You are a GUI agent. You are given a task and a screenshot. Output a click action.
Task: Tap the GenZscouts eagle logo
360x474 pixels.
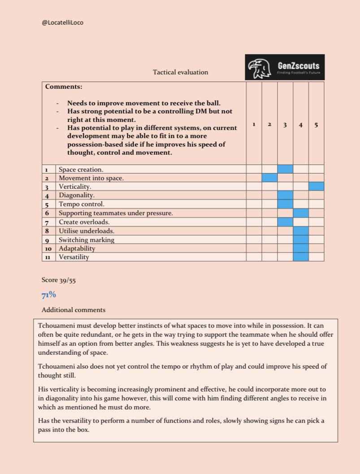tap(260, 67)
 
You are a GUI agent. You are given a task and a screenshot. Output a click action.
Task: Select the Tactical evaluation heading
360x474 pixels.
tap(180, 72)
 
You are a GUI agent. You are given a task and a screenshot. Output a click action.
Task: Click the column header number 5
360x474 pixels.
tap(316, 125)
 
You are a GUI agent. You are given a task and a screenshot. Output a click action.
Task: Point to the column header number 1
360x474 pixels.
tap(254, 125)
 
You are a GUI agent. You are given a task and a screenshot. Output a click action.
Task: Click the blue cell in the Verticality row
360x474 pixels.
tap(316, 186)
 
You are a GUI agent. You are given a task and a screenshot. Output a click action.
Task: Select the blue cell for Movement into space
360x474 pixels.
tap(269, 178)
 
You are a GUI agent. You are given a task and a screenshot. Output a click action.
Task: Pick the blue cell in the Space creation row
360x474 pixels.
tap(285, 169)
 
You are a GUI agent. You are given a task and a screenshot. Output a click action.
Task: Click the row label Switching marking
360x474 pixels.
tap(87, 239)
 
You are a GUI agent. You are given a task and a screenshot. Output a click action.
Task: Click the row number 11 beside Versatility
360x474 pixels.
tap(49, 257)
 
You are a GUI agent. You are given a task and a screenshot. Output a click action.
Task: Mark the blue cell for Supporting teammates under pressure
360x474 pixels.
tap(301, 213)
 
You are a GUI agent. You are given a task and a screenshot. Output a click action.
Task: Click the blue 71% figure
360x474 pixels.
tap(49, 294)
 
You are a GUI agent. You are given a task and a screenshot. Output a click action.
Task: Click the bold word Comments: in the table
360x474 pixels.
tap(64, 87)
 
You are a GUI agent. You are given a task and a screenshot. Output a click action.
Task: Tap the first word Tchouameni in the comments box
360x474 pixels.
tap(56, 327)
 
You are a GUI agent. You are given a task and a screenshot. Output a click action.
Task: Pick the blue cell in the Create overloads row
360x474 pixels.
tap(285, 222)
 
